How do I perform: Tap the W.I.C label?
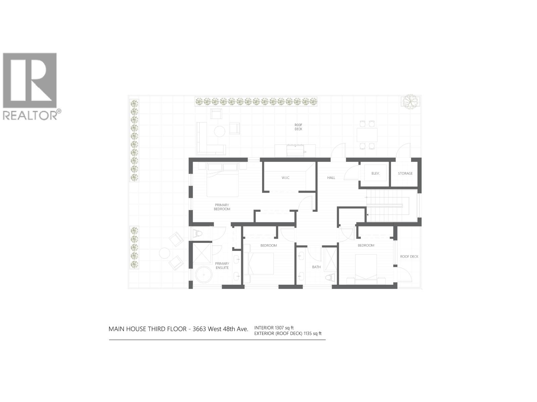pos(285,178)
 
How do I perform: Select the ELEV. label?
pos(375,173)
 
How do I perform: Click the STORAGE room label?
pos(405,173)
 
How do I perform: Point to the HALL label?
pos(331,178)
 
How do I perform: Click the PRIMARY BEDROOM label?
pos(222,207)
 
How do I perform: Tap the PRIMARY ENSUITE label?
pos(222,265)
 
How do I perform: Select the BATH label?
pos(316,267)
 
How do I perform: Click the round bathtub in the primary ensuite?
pos(204,275)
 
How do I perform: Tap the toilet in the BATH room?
pos(331,278)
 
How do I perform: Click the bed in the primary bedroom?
pos(223,180)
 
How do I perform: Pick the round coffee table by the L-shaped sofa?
pos(220,131)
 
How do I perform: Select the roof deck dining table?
pos(367,135)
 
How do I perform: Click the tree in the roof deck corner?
pos(409,101)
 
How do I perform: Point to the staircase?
pos(391,205)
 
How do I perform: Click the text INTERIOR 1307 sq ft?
pos(274,328)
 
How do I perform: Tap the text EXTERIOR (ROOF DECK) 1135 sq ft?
pos(288,333)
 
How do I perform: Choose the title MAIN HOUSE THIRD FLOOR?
pos(147,329)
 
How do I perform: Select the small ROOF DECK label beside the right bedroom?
pos(409,256)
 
